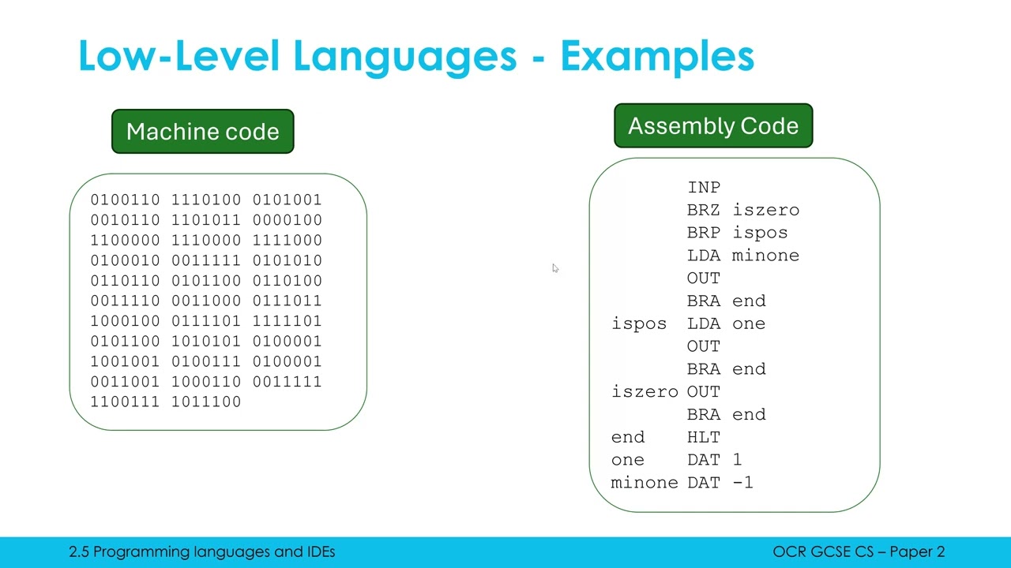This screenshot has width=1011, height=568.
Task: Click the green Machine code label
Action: pyautogui.click(x=202, y=132)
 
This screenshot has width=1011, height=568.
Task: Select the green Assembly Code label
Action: pyautogui.click(x=713, y=126)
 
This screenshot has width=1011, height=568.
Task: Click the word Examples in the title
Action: pyautogui.click(x=657, y=56)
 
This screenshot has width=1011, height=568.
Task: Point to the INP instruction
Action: pyautogui.click(x=704, y=188)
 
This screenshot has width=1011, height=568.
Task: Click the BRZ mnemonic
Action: pyautogui.click(x=704, y=211)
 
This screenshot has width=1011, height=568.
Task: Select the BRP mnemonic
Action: pyautogui.click(x=704, y=234)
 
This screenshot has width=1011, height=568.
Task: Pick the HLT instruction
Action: pyautogui.click(x=704, y=438)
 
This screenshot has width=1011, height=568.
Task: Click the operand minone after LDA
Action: pyautogui.click(x=765, y=256)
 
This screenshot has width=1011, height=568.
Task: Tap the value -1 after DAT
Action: pyautogui.click(x=742, y=483)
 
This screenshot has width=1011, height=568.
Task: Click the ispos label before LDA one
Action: pyautogui.click(x=639, y=324)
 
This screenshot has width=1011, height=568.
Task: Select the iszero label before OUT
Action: pyautogui.click(x=645, y=392)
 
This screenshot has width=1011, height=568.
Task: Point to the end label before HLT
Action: pyautogui.click(x=628, y=438)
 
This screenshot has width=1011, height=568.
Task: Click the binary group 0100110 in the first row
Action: pyautogui.click(x=125, y=200)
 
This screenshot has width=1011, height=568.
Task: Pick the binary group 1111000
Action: pyautogui.click(x=287, y=241)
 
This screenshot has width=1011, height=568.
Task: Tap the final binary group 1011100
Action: pyautogui.click(x=205, y=402)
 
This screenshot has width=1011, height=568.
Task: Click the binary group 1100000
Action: pyautogui.click(x=125, y=241)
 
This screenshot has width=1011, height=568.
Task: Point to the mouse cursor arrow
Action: pyautogui.click(x=555, y=268)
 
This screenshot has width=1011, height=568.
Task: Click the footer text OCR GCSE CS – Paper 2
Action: pyautogui.click(x=859, y=552)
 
